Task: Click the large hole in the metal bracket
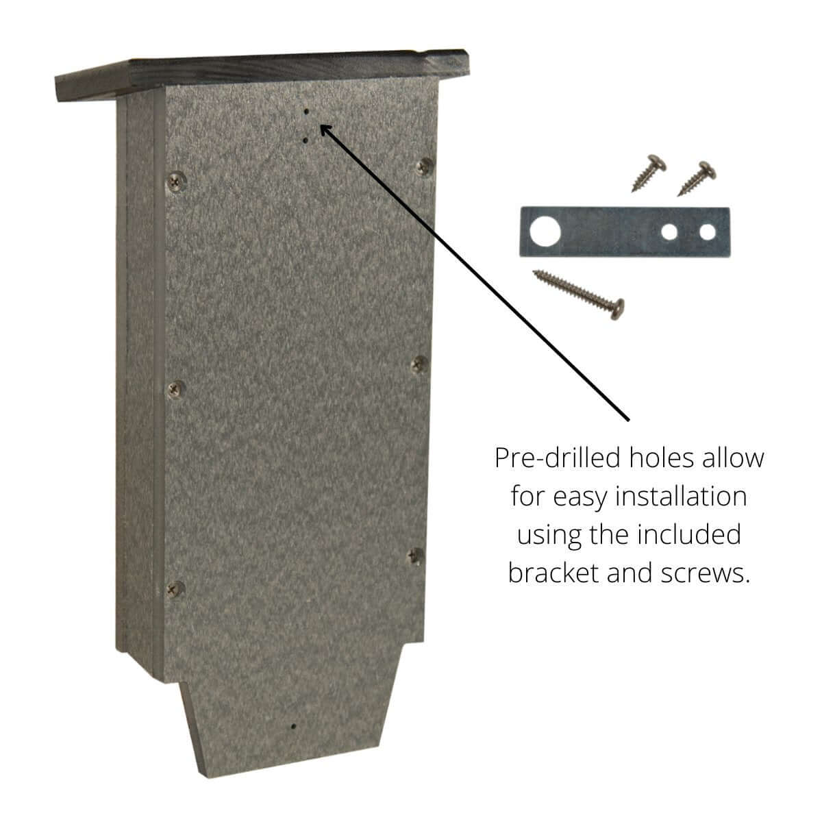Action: [x=545, y=232]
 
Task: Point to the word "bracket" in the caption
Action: [x=552, y=572]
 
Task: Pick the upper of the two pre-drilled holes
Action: [x=307, y=110]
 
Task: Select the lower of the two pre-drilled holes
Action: [x=306, y=140]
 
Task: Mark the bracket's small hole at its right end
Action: [x=707, y=232]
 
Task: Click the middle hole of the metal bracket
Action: [x=669, y=232]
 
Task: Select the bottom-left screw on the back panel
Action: [x=176, y=588]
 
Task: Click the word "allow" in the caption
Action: [x=733, y=458]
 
